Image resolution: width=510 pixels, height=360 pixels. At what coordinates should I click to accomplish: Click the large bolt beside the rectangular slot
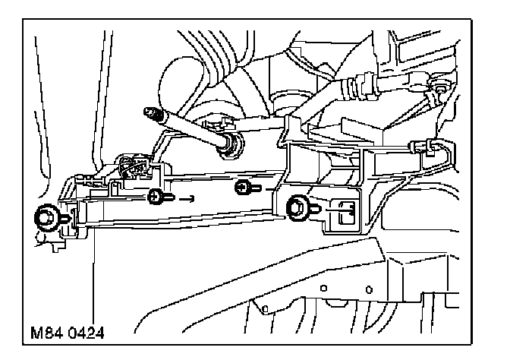click(x=296, y=205)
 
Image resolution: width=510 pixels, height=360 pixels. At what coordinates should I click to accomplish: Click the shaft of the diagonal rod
click(x=190, y=128)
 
